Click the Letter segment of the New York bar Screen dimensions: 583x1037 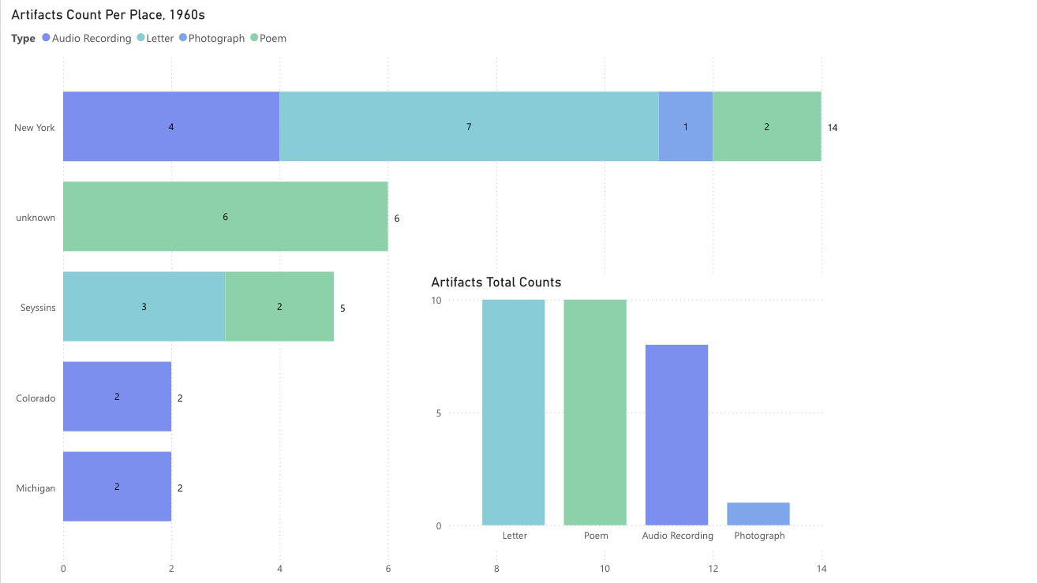point(469,126)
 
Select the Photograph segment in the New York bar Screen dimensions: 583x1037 point(685,126)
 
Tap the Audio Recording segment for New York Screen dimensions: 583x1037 point(170,126)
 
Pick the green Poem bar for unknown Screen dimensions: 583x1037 point(225,216)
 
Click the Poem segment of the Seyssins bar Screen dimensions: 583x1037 point(279,306)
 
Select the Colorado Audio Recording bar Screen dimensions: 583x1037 point(117,396)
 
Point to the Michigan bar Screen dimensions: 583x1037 point(117,486)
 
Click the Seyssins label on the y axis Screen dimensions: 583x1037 point(38,307)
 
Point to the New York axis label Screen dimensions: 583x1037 point(35,128)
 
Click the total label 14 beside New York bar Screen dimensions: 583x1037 point(833,128)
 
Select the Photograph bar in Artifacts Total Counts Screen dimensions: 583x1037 point(758,514)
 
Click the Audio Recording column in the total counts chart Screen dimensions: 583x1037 point(676,435)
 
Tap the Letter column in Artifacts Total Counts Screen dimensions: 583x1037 point(513,412)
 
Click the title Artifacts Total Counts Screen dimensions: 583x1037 point(496,282)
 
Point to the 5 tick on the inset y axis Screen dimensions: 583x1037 point(439,413)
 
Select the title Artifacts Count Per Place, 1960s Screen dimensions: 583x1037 point(109,15)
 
